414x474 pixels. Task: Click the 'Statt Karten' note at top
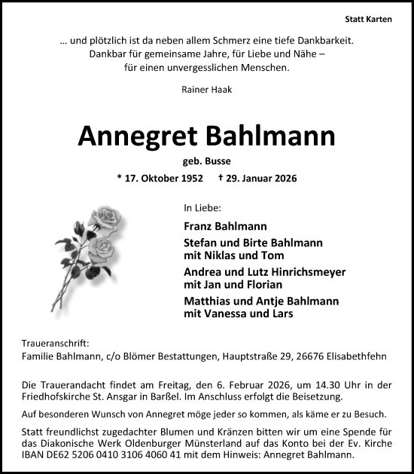click(x=368, y=19)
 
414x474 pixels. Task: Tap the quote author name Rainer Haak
click(x=206, y=89)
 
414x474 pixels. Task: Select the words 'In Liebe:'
click(x=202, y=206)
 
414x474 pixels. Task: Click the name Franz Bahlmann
click(x=224, y=225)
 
